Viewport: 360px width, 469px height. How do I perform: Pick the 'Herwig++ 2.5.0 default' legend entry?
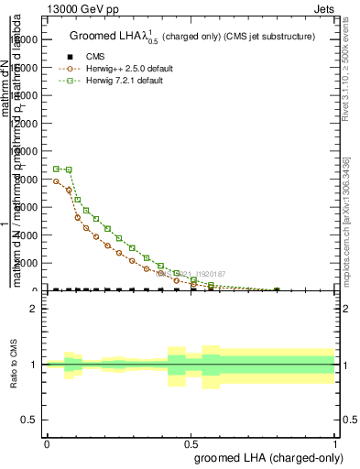coord(130,69)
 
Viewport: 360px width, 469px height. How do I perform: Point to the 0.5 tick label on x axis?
coord(191,443)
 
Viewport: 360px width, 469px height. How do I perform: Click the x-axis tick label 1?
coord(335,443)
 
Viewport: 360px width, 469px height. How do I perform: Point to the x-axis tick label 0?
coord(47,443)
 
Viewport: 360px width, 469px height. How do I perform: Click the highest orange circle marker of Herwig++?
coord(57,181)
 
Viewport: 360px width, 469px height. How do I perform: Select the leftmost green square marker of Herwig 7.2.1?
coord(57,169)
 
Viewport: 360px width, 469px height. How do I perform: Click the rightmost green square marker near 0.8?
coord(277,290)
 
